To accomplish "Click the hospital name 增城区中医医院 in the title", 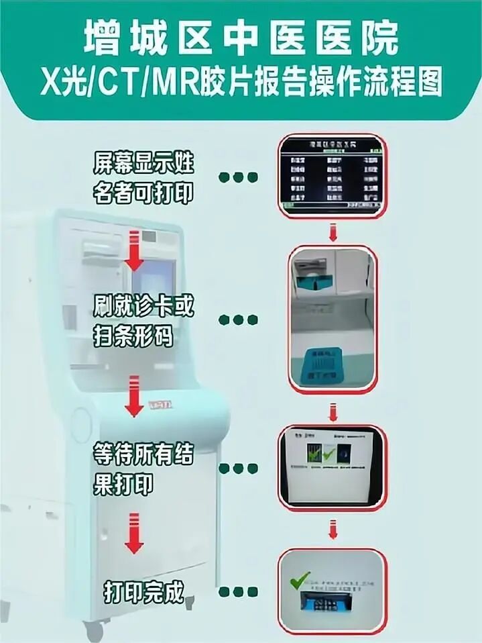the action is (x=241, y=39).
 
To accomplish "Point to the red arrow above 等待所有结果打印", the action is (x=135, y=397).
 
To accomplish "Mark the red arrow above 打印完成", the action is (x=134, y=534).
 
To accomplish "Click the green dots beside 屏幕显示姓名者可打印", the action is (x=238, y=178).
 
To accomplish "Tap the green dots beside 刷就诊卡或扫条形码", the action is (x=238, y=320).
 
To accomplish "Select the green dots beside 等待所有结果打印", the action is (x=238, y=468).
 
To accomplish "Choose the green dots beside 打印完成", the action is (x=238, y=592).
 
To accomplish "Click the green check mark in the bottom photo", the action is (x=300, y=579).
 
